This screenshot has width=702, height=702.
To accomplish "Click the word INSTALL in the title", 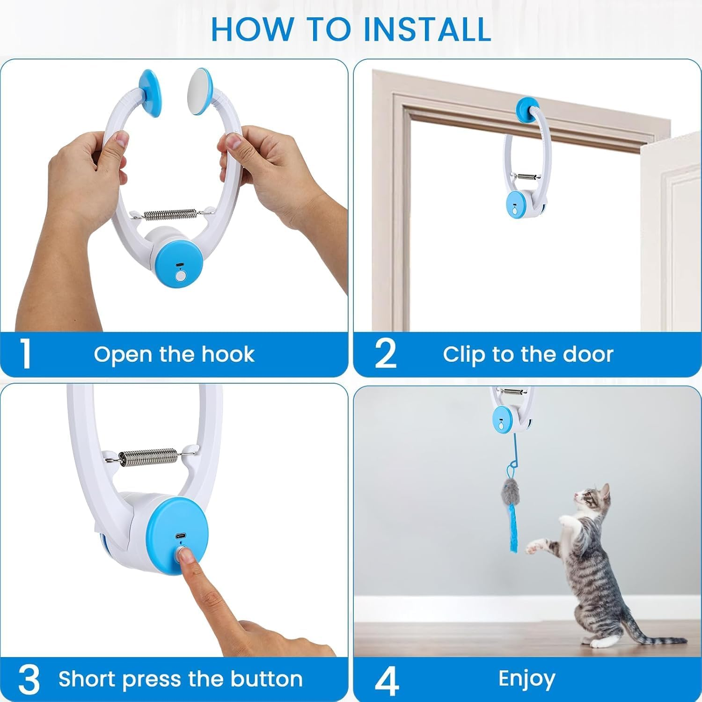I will (427, 29).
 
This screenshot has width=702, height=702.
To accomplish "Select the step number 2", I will (386, 354).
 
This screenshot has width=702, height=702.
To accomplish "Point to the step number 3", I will (29, 679).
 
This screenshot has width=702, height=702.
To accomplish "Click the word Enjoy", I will (527, 679).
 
